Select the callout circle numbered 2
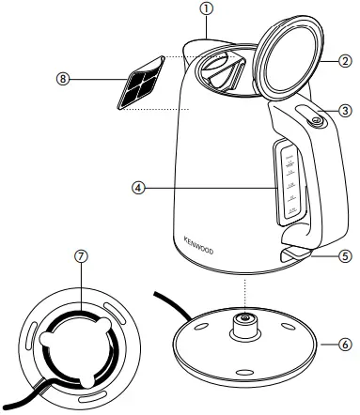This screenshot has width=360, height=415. [346, 62]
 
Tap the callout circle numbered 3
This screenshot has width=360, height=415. [346, 111]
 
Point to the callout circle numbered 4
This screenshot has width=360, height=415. [138, 188]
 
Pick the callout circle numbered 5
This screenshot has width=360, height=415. [346, 254]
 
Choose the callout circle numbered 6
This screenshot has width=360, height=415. [346, 345]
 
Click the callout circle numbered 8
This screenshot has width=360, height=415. [63, 80]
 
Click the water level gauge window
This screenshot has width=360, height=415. [287, 183]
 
